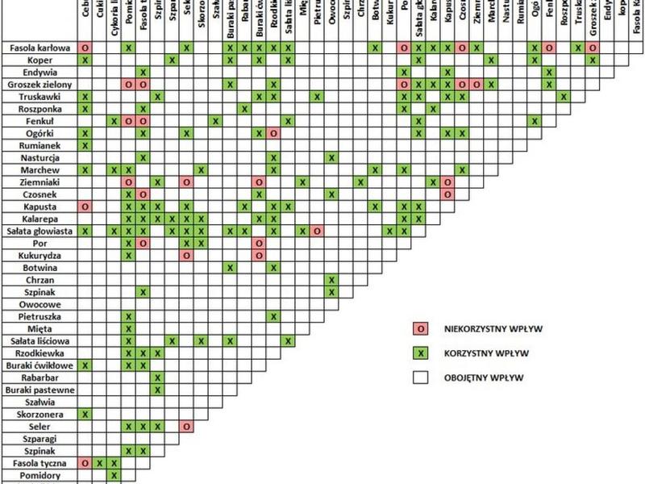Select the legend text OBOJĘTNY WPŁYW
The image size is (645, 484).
[x=479, y=377]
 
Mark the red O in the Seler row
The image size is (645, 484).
[x=187, y=426]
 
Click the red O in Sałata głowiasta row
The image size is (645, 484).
[x=317, y=231]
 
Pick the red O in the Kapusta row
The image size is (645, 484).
[x=85, y=207]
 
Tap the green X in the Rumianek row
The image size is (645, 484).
[x=85, y=145]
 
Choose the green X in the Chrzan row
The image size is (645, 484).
[x=331, y=279]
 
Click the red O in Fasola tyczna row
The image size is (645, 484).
[x=85, y=463]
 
